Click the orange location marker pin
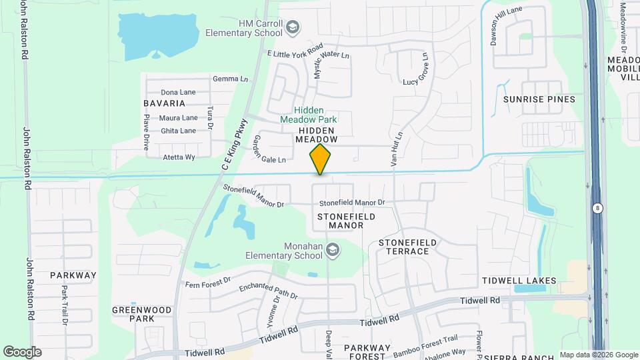click(x=321, y=159)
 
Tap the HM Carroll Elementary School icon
click(x=292, y=28)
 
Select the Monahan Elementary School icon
click(x=333, y=251)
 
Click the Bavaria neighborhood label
click(x=164, y=103)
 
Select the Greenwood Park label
click(x=133, y=314)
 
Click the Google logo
click(x=22, y=351)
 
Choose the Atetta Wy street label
click(x=179, y=157)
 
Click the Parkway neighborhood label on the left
click(x=73, y=275)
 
